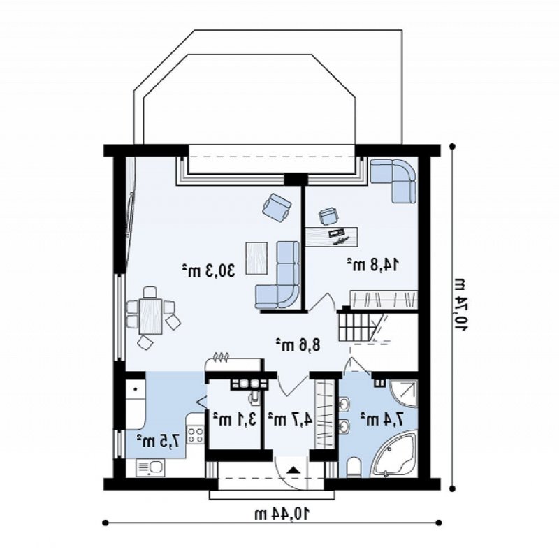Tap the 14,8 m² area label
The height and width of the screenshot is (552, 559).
(x=373, y=265)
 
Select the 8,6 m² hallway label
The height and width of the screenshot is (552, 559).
(x=298, y=345)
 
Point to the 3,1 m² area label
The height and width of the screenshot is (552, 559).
(x=235, y=419)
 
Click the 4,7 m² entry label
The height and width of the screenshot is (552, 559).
(x=290, y=419)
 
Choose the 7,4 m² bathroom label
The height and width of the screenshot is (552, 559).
(x=382, y=419)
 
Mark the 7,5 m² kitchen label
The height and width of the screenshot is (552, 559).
(x=158, y=441)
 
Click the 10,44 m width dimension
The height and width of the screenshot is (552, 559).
(x=282, y=514)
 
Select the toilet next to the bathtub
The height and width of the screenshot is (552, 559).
(x=354, y=467)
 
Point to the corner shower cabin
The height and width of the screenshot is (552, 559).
(x=403, y=393)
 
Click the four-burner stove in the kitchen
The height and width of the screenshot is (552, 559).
(x=196, y=435)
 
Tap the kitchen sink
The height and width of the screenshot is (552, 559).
(x=150, y=468)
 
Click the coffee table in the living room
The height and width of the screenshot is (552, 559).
(x=256, y=258)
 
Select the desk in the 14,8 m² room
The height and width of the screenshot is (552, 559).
(x=332, y=237)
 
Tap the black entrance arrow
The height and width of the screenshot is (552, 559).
(x=293, y=470)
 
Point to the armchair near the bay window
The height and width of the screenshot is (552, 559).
(x=277, y=205)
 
